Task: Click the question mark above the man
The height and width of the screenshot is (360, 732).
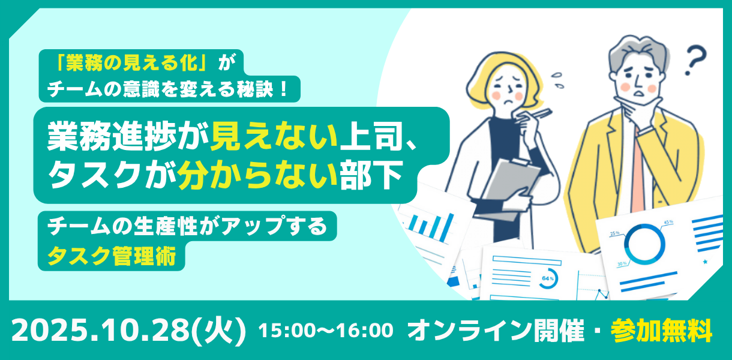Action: tap(696, 61)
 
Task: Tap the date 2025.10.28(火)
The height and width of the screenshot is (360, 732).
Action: tap(129, 331)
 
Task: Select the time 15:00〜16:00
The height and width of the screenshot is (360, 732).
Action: tap(326, 330)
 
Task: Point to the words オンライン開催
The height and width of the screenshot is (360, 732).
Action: tap(496, 330)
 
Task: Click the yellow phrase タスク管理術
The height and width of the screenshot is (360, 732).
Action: tap(112, 256)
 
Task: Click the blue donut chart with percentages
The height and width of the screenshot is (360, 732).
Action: tap(644, 244)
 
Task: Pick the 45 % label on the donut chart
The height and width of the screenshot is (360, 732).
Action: tap(668, 222)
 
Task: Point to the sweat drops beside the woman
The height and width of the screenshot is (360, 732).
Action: tap(557, 80)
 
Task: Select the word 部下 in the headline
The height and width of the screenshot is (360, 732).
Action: tap(371, 175)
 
